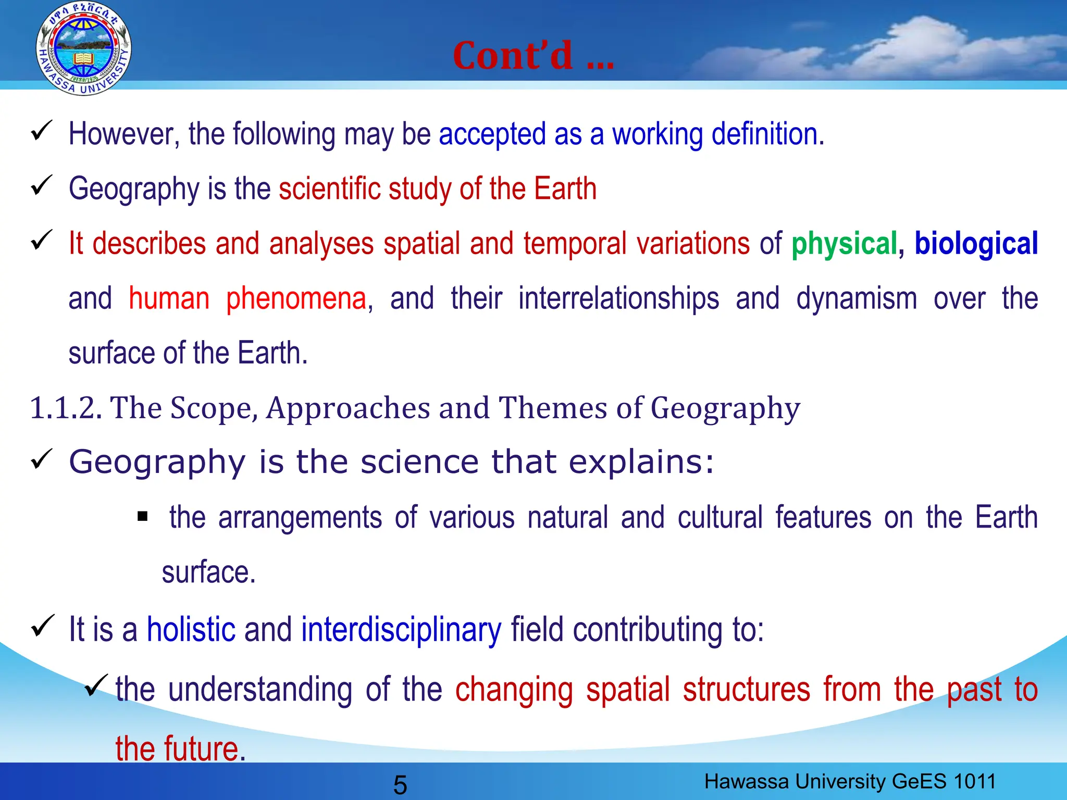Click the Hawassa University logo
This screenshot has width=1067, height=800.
[x=83, y=48]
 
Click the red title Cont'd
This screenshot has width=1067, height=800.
[x=533, y=56]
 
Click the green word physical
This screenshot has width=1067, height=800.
[x=844, y=244]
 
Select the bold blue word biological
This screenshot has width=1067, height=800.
[x=976, y=244]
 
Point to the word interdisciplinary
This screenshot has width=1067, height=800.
[x=401, y=630]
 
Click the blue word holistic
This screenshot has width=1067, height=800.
[x=191, y=630]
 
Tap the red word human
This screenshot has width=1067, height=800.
[x=169, y=299]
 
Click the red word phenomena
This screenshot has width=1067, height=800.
[x=296, y=299]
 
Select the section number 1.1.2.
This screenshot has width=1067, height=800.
[x=65, y=408]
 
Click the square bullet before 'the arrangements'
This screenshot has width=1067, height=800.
[x=143, y=517]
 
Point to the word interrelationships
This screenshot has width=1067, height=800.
[x=618, y=299]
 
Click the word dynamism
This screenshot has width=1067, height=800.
[x=856, y=299]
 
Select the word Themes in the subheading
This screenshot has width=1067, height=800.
[x=553, y=408]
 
